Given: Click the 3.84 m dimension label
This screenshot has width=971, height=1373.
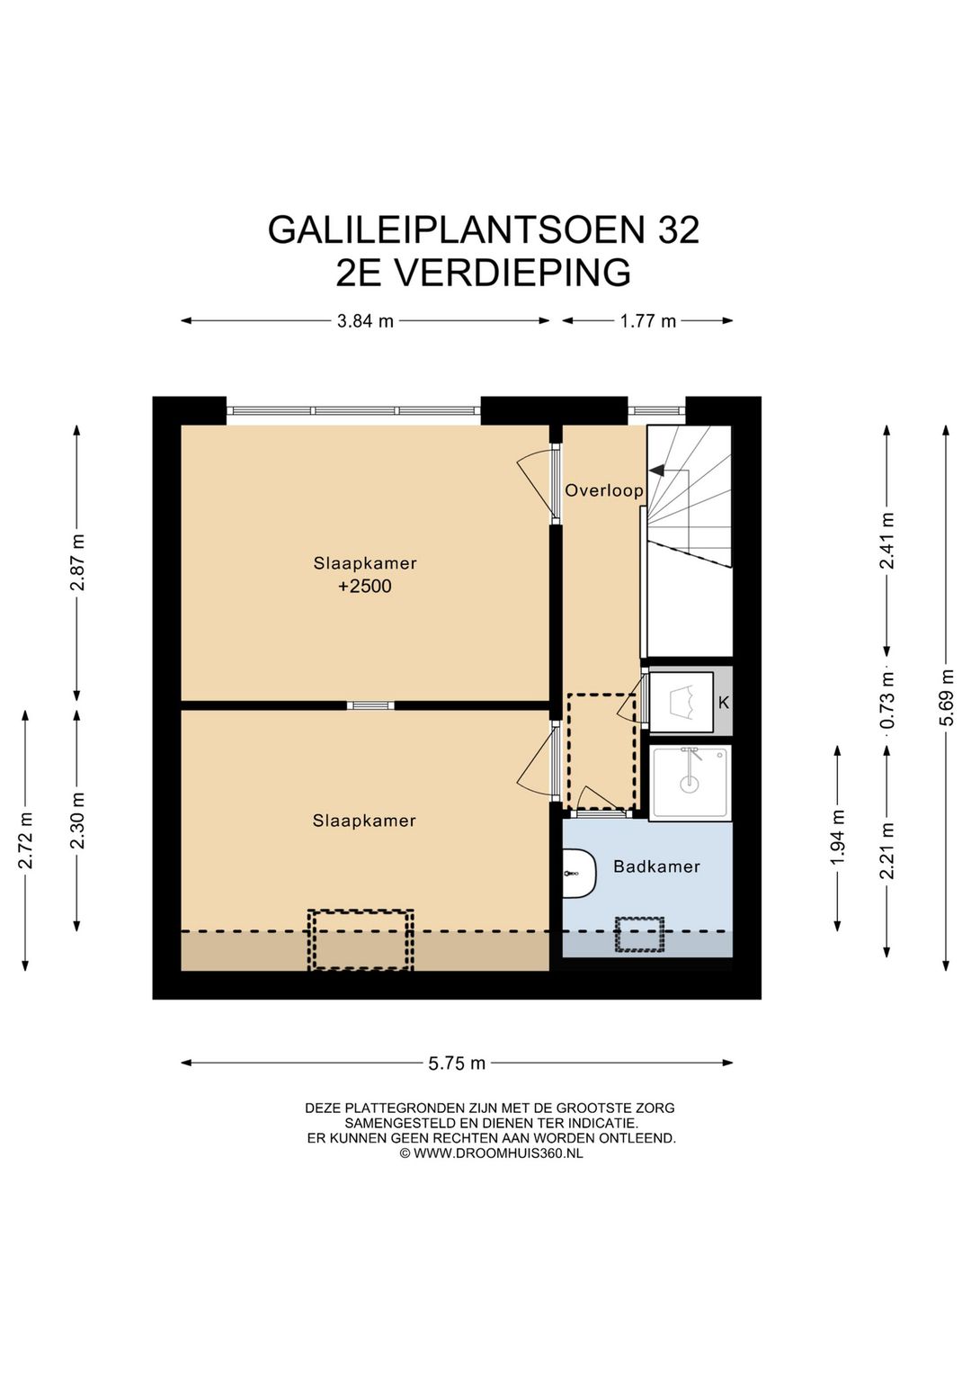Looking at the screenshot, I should point(365,321).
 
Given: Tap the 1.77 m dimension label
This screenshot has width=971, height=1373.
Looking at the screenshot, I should point(647,321).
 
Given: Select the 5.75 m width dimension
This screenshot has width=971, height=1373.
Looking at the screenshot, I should point(457,1063).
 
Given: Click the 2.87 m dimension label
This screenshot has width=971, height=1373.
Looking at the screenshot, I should point(77,562).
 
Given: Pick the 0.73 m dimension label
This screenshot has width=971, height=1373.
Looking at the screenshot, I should point(887,699).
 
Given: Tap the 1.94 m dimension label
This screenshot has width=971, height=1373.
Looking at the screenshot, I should point(837,838).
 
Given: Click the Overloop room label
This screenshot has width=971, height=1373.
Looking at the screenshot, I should point(603,490).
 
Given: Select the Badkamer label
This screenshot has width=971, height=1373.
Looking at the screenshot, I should point(656,866).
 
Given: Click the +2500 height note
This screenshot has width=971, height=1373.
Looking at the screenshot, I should point(364,587).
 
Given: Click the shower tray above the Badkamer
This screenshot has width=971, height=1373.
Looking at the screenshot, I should point(690,782).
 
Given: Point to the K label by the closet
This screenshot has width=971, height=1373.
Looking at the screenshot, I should point(724,703).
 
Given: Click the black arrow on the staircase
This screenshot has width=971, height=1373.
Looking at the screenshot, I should point(656,470).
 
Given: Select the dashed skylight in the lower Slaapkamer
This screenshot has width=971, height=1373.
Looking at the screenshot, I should point(361,939).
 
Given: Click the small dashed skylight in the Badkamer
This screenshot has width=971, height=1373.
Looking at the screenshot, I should point(639,935).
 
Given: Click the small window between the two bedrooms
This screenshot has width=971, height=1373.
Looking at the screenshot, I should point(370,705).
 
